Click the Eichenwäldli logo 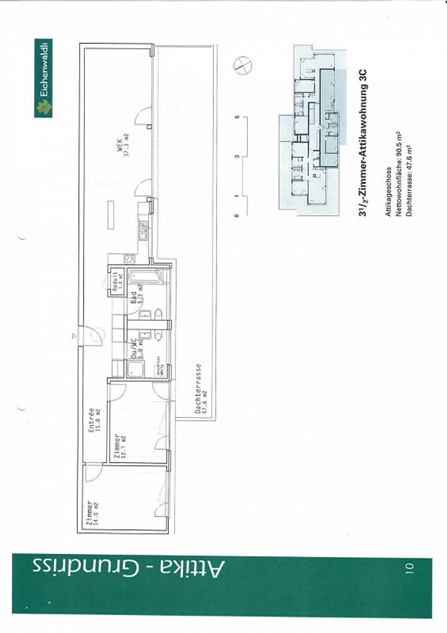point(43,78)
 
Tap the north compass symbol point(242,66)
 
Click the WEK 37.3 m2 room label point(123,145)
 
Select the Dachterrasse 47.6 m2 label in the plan point(201,388)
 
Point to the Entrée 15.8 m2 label point(94,420)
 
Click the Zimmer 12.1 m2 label point(120,446)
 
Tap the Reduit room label point(117,281)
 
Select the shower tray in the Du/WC point(135,368)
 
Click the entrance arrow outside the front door point(74,336)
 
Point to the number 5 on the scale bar point(237,117)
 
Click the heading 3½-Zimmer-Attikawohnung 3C point(363,142)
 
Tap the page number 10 point(409,568)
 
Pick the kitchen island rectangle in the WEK point(111,215)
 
